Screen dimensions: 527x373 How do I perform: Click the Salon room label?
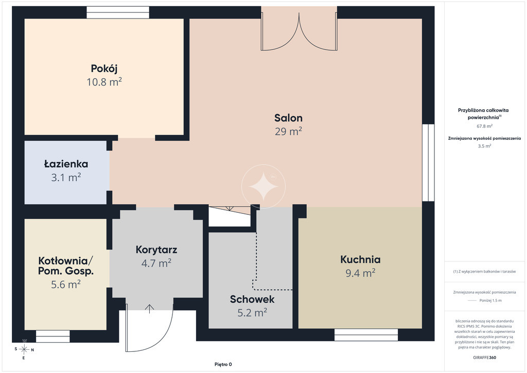[x=288, y=117]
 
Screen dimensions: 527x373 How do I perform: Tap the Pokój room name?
[x=104, y=69]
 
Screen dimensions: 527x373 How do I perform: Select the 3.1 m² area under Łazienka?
[x=66, y=177]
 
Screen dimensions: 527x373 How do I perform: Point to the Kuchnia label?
[x=360, y=259]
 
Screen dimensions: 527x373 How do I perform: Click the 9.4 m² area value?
[x=360, y=273]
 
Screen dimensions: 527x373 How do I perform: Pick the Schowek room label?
[x=252, y=299]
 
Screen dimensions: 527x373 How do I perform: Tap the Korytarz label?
[x=156, y=249]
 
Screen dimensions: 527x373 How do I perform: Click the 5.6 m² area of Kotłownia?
[x=65, y=284]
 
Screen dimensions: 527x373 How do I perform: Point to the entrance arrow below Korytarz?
[x=150, y=309]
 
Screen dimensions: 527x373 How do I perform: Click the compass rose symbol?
[x=24, y=349]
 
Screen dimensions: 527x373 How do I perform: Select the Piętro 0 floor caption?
[x=223, y=364]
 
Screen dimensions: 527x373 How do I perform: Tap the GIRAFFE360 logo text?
[x=484, y=358]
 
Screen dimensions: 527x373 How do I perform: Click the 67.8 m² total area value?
[x=484, y=126]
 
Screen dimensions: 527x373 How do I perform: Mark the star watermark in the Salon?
[x=263, y=186]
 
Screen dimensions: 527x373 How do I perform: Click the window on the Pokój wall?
[x=118, y=12]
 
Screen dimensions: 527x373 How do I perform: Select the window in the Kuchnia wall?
[x=366, y=335]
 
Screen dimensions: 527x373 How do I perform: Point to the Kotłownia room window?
[x=53, y=336]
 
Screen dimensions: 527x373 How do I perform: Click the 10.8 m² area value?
[x=104, y=82]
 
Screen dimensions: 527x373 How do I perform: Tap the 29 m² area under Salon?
[x=288, y=131]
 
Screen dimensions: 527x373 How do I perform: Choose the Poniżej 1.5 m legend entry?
[x=484, y=300]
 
